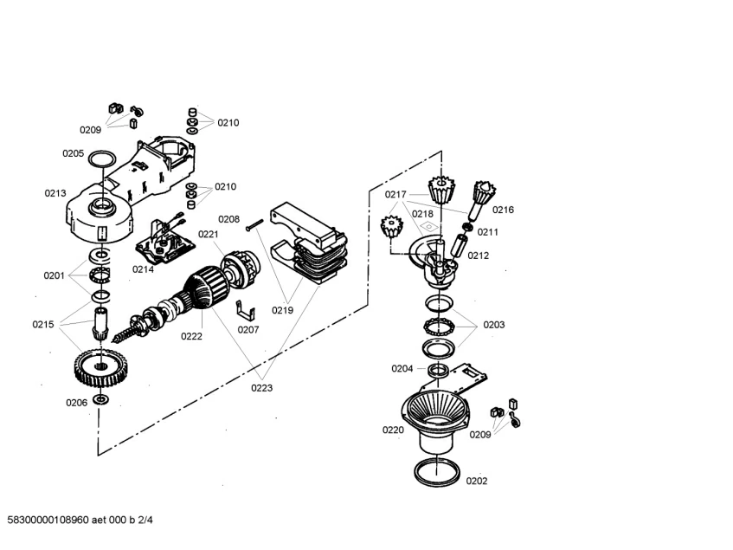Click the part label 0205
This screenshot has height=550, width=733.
73,153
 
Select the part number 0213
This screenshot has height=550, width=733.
55,193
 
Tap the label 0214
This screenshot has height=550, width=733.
143,269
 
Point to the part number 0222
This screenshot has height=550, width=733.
191,336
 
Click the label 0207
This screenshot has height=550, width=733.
248,329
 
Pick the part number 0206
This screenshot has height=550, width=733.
76,402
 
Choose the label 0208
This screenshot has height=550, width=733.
228,219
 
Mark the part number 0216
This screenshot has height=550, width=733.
503,210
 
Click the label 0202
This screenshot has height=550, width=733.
477,481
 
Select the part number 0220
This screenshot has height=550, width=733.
393,430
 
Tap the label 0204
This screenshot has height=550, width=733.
402,368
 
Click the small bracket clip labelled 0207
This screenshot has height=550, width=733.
248,311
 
